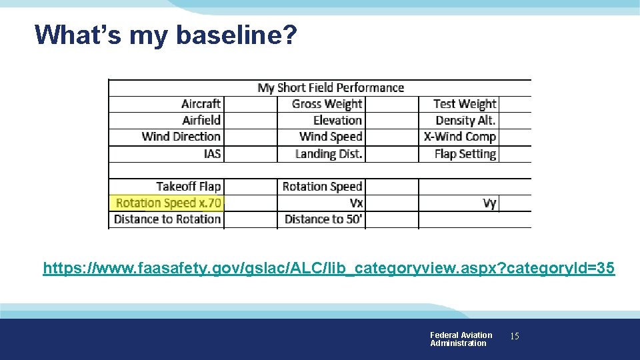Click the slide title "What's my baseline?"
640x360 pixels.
[x=165, y=35]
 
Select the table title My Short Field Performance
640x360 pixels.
[x=331, y=88]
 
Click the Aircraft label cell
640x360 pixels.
[x=201, y=104]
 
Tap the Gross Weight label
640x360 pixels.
[x=327, y=104]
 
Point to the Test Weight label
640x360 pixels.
[x=465, y=104]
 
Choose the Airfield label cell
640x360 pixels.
[x=201, y=121]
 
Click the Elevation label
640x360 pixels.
[x=337, y=121]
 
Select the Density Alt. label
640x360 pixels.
[x=465, y=121]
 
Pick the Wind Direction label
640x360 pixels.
[x=181, y=137]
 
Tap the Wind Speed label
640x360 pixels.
[x=331, y=137]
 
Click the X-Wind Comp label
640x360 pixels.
[x=460, y=137]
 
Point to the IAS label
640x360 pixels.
[x=212, y=153]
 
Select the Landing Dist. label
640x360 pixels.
[x=329, y=153]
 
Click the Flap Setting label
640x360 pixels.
[x=465, y=153]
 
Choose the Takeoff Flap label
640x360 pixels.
[x=189, y=187]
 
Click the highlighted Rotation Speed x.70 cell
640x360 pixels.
[x=168, y=203]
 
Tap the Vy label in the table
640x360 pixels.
[x=490, y=203]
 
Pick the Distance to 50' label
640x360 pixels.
[x=324, y=219]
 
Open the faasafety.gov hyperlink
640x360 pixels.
[x=329, y=269]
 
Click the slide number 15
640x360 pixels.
[x=514, y=337]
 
